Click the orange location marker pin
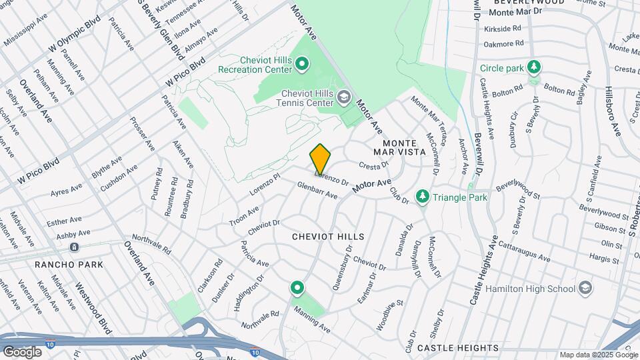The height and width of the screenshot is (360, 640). click(320, 159)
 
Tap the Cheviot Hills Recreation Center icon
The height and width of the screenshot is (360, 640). click(302, 65)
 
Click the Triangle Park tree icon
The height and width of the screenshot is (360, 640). click(421, 197)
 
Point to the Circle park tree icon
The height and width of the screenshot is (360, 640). click(533, 67)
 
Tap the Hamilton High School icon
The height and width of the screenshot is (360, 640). click(585, 289)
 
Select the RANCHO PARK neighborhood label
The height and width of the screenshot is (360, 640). click(70, 264)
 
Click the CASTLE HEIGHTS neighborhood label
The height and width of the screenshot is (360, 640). click(457, 348)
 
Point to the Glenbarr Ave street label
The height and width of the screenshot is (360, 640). click(317, 191)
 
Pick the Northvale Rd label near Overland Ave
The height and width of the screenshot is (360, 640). click(153, 245)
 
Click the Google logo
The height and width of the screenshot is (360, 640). click(22, 351)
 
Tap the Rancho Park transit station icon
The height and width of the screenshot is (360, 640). click(73, 247)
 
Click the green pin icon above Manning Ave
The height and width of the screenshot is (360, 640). click(297, 288)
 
